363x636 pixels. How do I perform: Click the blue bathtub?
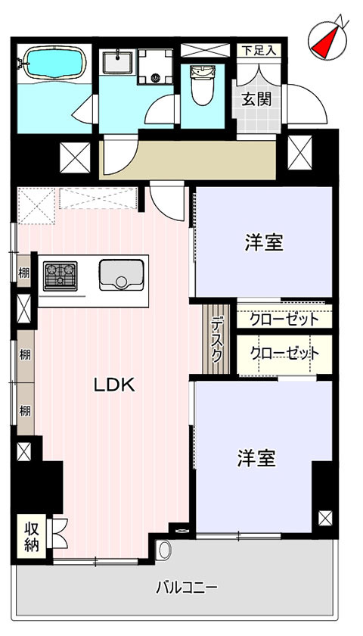click(x=54, y=62)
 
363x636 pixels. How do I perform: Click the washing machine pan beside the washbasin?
click(x=156, y=67)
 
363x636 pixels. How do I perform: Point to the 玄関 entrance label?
click(x=256, y=99)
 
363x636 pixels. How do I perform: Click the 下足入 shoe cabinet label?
click(x=259, y=51)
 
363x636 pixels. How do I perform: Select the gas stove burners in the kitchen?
click(x=60, y=276)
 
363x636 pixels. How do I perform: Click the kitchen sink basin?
click(x=121, y=275)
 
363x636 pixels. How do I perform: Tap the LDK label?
click(x=114, y=385)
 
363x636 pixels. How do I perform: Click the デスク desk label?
click(x=217, y=339)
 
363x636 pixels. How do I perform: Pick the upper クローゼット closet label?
click(x=284, y=320)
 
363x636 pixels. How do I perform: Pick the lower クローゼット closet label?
click(x=284, y=354)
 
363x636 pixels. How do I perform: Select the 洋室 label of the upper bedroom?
click(x=264, y=243)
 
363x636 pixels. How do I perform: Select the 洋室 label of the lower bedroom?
click(x=256, y=458)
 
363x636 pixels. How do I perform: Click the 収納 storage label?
click(x=31, y=537)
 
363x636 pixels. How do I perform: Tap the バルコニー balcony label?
click(x=188, y=587)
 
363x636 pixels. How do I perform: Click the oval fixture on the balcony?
click(x=164, y=551)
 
